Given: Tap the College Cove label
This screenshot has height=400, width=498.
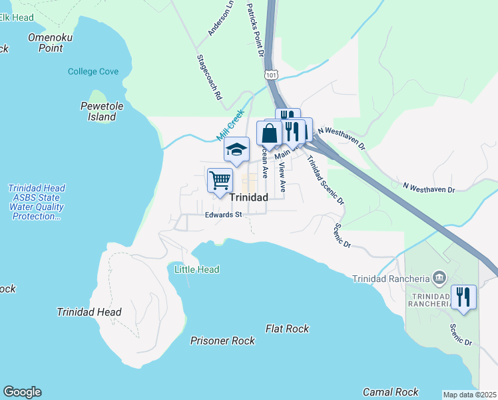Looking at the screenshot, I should point(93,71).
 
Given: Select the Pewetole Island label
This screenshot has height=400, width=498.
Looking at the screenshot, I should point(98,111).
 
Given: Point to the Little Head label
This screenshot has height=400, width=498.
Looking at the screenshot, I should point(196,269).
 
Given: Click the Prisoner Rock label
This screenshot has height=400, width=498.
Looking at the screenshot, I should point(222,341).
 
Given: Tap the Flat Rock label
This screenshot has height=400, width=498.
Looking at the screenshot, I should point(287,329).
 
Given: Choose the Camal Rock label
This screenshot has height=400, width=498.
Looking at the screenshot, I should point(390,392).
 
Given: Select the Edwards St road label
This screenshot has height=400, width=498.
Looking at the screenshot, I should point(223,215).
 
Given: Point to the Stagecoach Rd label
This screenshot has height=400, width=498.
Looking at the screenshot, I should point(208,77).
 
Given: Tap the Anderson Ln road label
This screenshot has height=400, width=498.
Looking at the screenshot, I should point(221,18).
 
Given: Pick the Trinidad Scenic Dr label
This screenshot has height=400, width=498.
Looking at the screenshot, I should point(326,179).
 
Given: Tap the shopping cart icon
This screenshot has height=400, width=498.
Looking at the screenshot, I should point(219,180).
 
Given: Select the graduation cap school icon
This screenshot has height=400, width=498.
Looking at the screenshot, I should point(236,149).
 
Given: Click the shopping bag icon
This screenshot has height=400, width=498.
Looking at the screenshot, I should point(269,133).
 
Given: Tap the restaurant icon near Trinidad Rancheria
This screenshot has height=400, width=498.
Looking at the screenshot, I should point(463,296).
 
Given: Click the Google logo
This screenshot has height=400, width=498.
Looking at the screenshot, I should point(22,392).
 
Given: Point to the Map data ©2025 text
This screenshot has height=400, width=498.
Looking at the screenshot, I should point(469,395).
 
